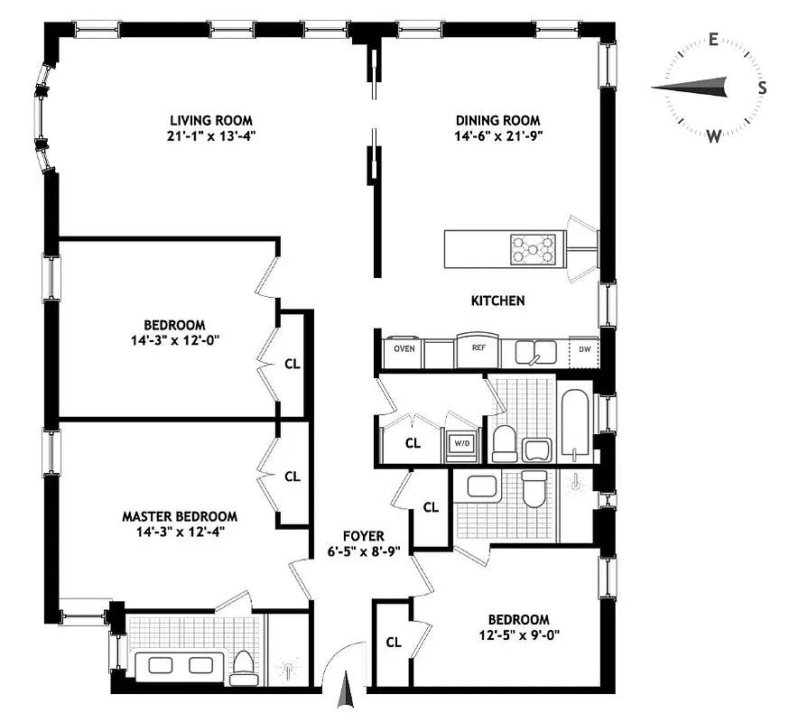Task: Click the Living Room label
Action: (212, 120)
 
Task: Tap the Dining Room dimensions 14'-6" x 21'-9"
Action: (497, 136)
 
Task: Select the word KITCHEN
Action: (497, 301)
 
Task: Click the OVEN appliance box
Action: (404, 349)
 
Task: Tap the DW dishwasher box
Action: (584, 349)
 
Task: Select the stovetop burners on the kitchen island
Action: (534, 248)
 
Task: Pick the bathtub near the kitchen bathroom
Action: (573, 424)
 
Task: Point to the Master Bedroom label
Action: (180, 516)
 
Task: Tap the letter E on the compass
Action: (713, 40)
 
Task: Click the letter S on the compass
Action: (762, 88)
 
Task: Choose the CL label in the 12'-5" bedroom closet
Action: (393, 643)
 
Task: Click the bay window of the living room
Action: (42, 117)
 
